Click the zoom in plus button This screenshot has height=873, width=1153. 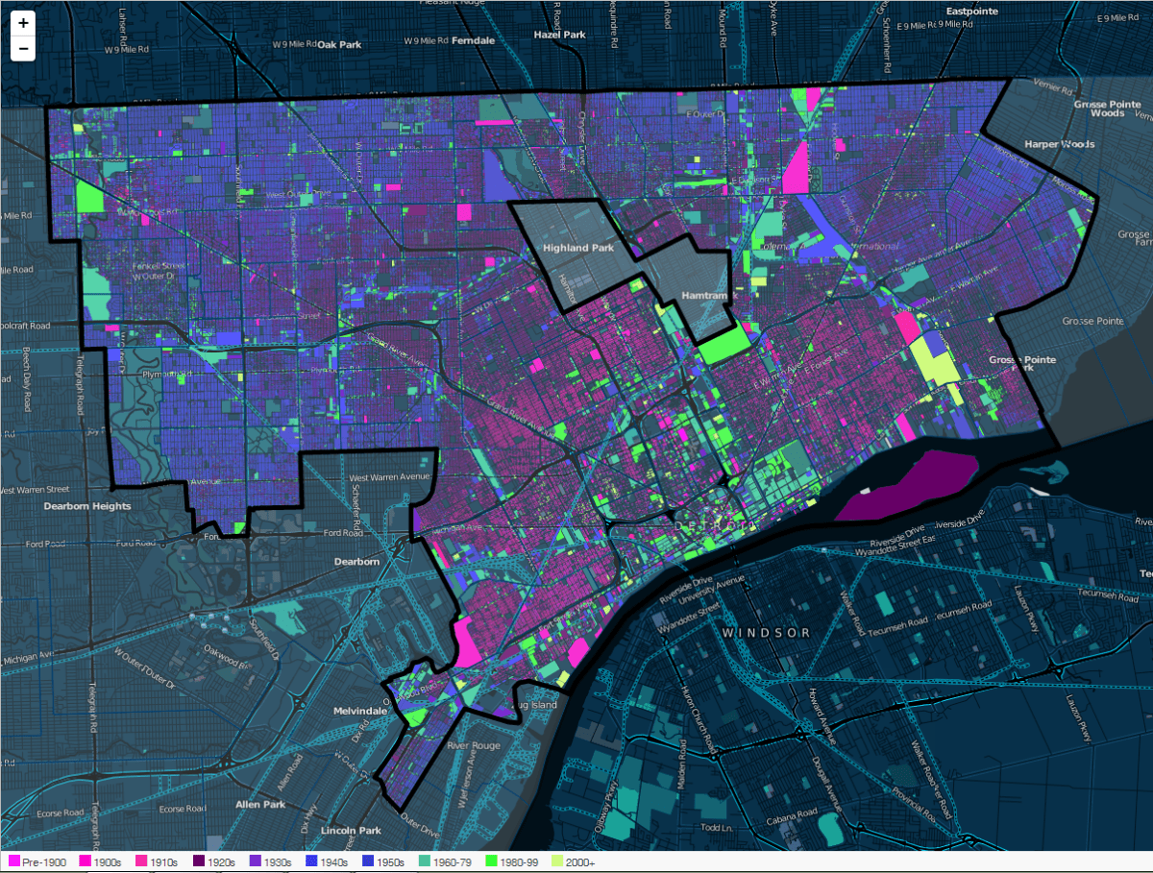23,22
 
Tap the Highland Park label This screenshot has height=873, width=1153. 577,248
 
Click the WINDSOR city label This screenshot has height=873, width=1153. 767,632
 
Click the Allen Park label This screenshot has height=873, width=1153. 260,804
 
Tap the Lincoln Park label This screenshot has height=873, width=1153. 352,830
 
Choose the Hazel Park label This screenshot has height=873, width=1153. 560,35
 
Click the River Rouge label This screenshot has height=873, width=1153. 470,745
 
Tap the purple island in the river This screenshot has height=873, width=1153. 907,485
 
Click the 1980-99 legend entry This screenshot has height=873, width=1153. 510,862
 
